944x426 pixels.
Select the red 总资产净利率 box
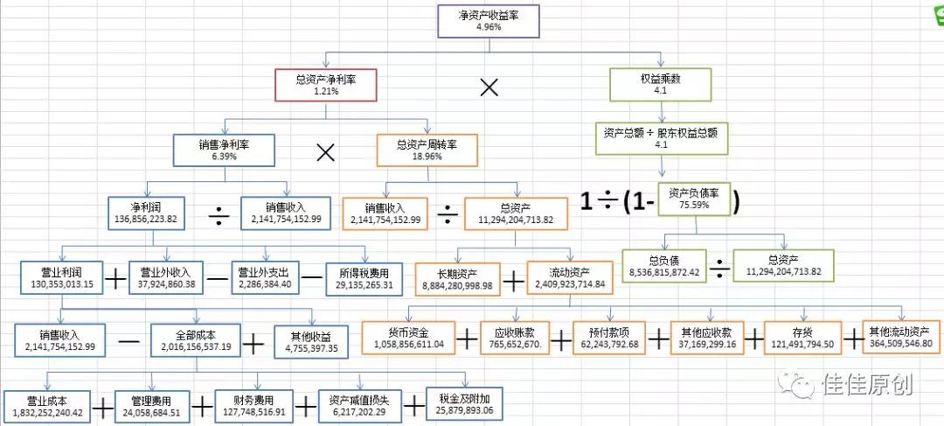325,85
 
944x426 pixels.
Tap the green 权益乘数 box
660,84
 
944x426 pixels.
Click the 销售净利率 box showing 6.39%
225,150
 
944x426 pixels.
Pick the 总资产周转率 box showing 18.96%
427,150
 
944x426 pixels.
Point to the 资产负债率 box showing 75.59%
697,199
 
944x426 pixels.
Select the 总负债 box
664,266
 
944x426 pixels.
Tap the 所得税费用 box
365,278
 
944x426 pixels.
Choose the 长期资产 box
457,279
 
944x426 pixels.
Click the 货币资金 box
408,338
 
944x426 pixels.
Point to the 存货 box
802,338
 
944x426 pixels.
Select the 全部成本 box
196,340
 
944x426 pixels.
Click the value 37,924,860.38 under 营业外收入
166,283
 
